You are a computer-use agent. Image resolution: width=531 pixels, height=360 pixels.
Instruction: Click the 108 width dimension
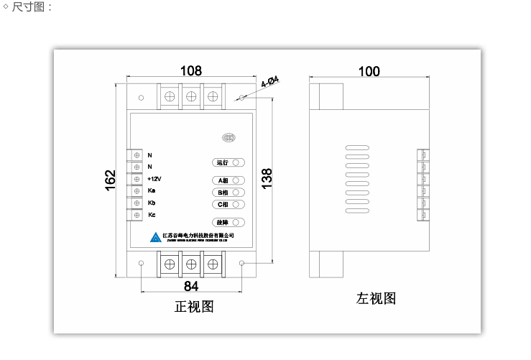click(190, 70)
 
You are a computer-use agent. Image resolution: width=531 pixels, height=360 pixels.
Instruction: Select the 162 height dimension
click(110, 180)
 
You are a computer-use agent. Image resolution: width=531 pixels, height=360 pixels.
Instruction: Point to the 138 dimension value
click(267, 178)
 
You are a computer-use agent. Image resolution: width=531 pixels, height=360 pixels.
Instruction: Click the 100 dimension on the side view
click(369, 71)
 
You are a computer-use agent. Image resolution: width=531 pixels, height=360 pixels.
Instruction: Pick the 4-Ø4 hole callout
click(270, 82)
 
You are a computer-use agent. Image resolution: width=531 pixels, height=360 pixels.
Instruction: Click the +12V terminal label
click(154, 179)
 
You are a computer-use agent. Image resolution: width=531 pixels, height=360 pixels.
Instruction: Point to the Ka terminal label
click(152, 190)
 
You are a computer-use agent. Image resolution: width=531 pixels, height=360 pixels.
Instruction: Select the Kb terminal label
click(152, 203)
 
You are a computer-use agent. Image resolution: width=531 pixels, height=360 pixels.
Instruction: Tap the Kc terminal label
click(152, 215)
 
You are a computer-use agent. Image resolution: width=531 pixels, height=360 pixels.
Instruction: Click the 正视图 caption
click(194, 307)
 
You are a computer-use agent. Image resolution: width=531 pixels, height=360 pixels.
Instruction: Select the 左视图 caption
click(377, 298)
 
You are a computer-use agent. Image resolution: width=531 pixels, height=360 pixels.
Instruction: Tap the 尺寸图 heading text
click(32, 7)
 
